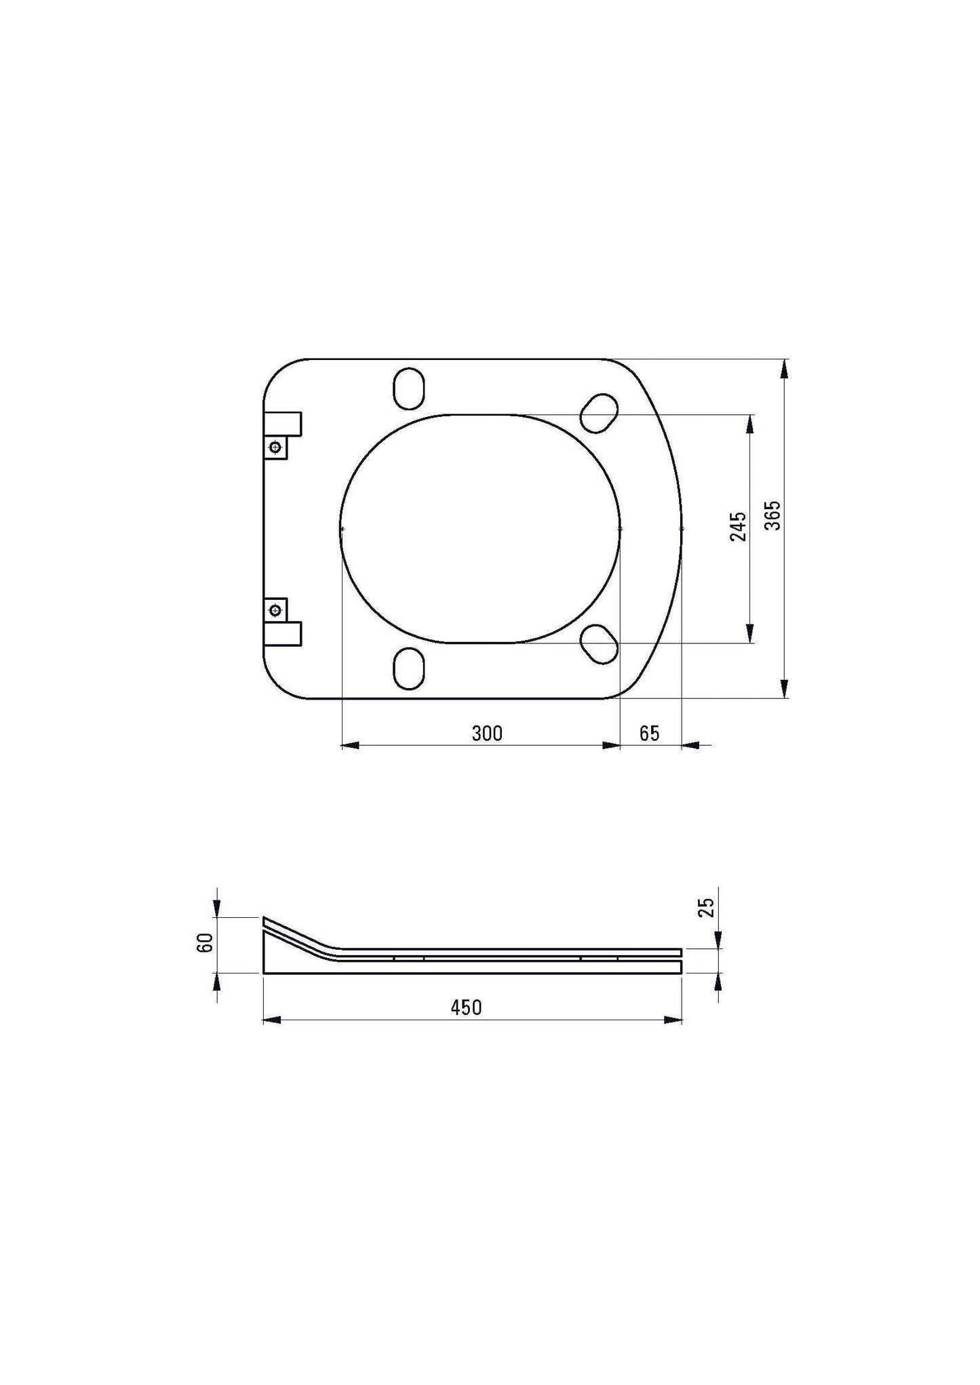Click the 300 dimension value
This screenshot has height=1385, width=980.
tap(487, 734)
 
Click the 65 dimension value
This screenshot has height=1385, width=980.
tap(649, 734)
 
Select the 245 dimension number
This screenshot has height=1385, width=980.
tap(738, 526)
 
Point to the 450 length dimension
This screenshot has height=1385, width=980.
tap(467, 1007)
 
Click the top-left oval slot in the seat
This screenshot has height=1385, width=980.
tap(410, 388)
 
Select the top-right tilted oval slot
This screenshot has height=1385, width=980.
tap(600, 413)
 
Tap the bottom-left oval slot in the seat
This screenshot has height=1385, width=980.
tap(410, 668)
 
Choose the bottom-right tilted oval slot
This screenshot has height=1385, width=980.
tap(600, 643)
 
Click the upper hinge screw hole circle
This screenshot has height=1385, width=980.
tap(275, 447)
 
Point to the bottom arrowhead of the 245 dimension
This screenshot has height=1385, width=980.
tap(749, 633)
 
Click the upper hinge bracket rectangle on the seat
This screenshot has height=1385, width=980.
tap(283, 424)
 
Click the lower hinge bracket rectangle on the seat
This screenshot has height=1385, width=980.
tap(283, 634)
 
